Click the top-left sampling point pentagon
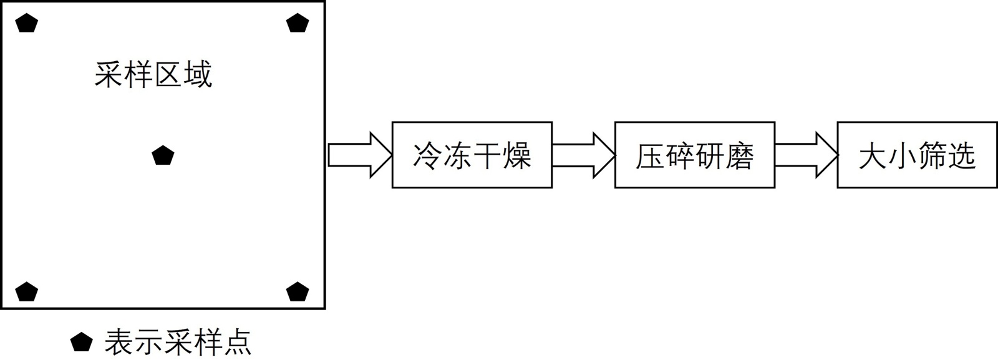27,24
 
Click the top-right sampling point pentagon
298,24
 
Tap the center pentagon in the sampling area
163,155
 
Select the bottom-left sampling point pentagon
27,292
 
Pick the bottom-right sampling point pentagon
298,292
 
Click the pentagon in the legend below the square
81,343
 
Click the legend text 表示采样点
178,343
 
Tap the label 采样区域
153,75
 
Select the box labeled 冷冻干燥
472,155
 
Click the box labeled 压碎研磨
694,155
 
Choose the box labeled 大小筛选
917,155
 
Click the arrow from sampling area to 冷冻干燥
359,155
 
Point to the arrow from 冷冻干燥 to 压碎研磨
583,155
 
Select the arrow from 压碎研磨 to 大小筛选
805,155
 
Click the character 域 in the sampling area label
198,75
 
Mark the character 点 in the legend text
237,343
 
